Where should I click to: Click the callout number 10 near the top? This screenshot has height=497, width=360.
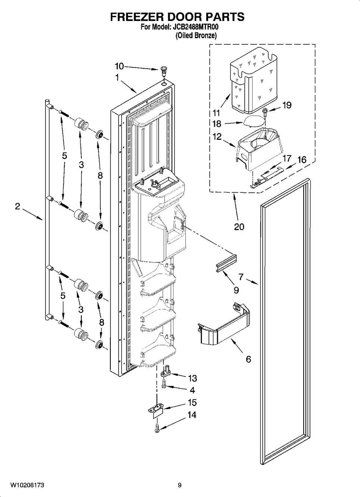[119, 66]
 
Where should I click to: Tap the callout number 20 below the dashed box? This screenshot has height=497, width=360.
[239, 226]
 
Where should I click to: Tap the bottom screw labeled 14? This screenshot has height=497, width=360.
[157, 428]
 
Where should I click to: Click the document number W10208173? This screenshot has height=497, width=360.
[27, 485]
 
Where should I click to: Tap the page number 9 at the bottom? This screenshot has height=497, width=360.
[179, 485]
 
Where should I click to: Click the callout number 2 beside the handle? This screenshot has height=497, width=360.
[18, 206]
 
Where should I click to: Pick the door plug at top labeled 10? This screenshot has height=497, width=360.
[164, 70]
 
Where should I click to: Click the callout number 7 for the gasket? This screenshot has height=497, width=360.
[241, 277]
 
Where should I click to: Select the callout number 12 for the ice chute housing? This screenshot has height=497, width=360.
[217, 136]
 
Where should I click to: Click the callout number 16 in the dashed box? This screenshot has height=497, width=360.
[301, 160]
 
